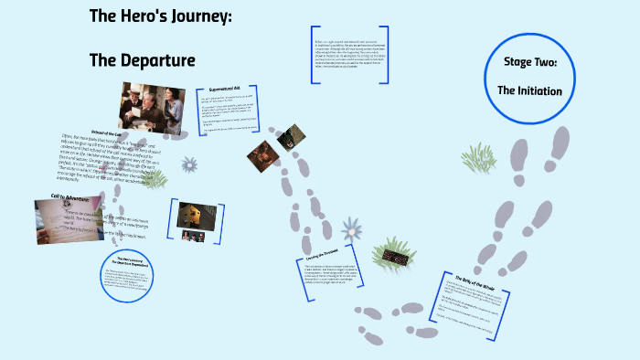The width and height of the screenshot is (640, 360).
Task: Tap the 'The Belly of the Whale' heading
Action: click(473, 279)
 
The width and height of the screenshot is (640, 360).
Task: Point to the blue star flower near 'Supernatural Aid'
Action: click(189, 165)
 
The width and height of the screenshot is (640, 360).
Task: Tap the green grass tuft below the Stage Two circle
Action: click(479, 160)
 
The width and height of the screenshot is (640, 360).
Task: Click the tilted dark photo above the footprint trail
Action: click(291, 137)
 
